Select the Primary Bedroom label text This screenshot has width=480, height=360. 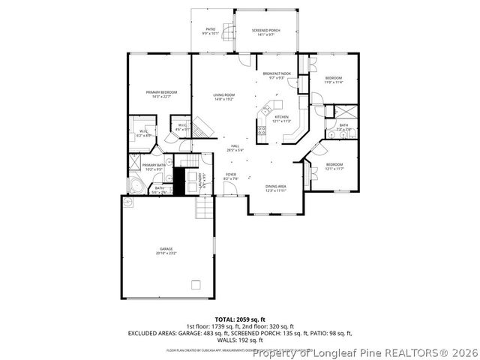(x=160, y=93)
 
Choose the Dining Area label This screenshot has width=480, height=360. (x=276, y=187)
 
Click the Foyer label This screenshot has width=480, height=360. (x=231, y=176)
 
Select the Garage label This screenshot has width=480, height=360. (x=166, y=250)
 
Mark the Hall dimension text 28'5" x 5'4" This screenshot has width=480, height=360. (x=235, y=150)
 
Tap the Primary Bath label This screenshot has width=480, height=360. (x=154, y=166)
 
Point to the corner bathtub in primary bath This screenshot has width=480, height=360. (x=136, y=185)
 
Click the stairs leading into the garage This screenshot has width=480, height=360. (x=205, y=206)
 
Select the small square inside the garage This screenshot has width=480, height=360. (x=196, y=284)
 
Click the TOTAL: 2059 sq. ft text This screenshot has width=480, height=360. (x=240, y=319)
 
